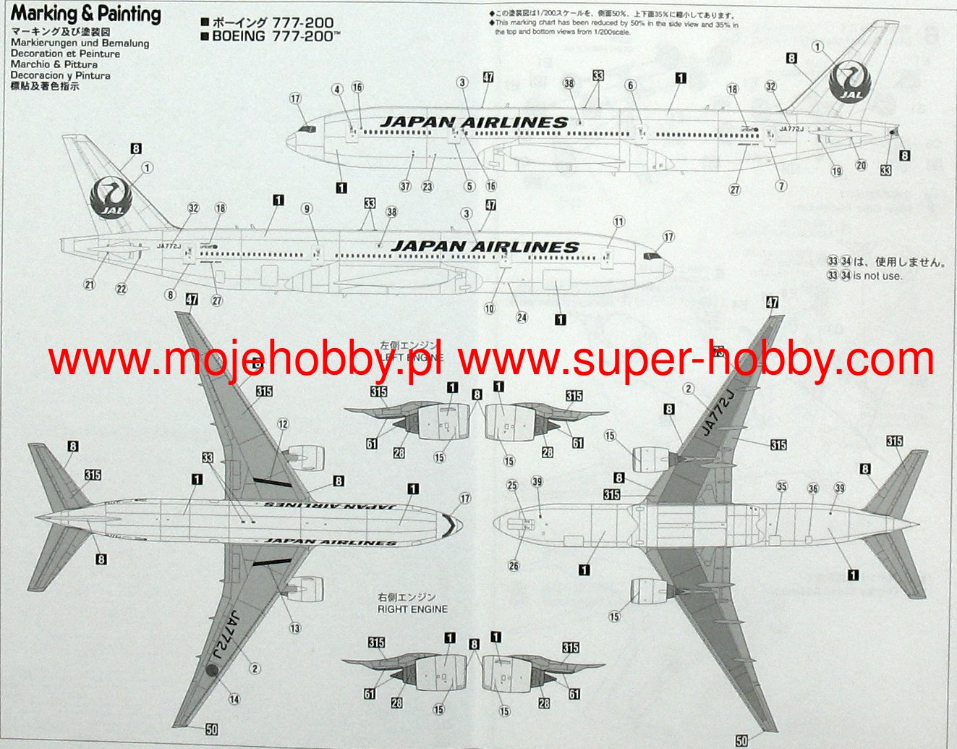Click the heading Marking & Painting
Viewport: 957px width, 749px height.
(85, 14)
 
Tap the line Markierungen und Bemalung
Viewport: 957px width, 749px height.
(80, 43)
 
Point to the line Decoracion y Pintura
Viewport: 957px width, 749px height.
(60, 75)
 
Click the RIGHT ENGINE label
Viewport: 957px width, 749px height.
(412, 609)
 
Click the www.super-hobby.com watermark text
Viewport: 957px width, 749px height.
(696, 360)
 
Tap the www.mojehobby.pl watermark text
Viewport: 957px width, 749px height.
(247, 360)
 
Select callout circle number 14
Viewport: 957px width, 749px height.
(234, 699)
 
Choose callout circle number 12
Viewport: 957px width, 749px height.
(283, 424)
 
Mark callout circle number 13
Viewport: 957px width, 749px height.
(295, 628)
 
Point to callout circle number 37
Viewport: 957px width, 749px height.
(405, 187)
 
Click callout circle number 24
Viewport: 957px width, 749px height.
(522, 318)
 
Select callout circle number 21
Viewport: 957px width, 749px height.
(90, 284)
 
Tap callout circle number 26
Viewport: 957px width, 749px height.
(514, 566)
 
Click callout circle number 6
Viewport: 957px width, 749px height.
(631, 85)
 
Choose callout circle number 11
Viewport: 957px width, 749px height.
(618, 221)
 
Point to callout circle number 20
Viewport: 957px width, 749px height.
(861, 166)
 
